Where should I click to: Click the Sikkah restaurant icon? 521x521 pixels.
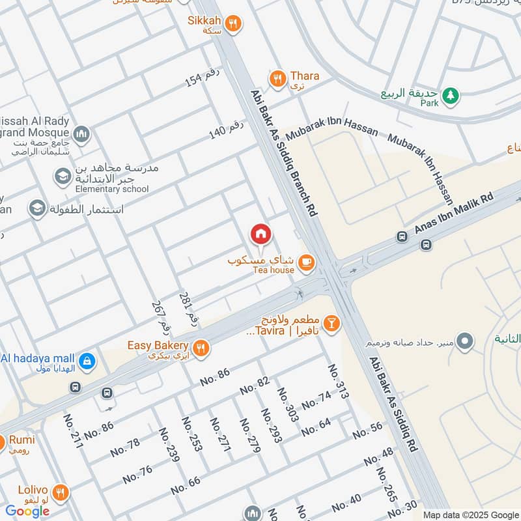[234, 24]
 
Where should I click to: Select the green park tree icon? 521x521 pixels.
[450, 96]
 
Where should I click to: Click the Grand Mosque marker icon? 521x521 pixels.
[81, 135]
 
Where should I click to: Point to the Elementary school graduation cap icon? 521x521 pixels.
[63, 176]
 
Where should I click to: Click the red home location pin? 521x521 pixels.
[261, 234]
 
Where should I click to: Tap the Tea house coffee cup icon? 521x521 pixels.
[305, 263]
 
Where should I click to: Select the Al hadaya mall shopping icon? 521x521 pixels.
[86, 361]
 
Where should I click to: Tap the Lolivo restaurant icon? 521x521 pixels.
[61, 492]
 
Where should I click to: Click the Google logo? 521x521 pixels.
[28, 511]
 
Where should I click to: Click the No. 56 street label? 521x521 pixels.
[368, 430]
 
